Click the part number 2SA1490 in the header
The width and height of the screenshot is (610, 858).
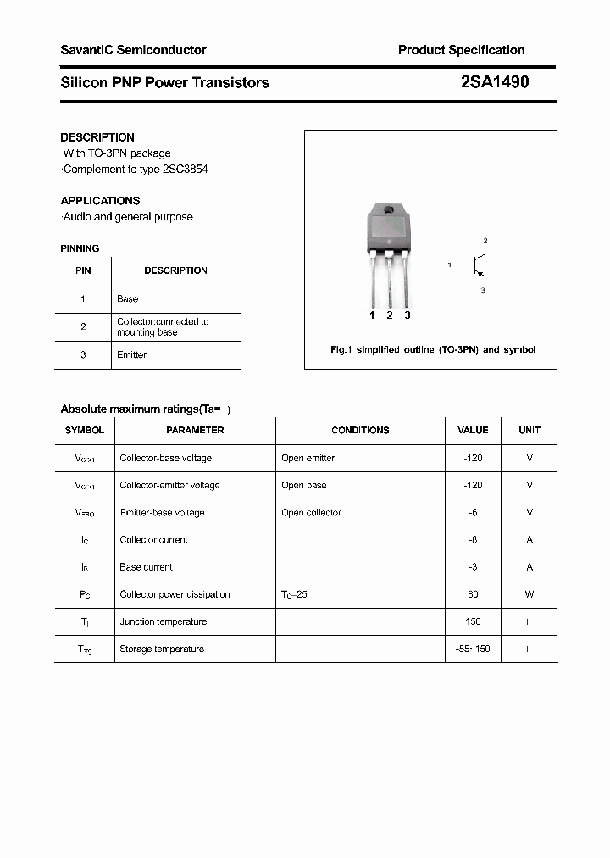495,82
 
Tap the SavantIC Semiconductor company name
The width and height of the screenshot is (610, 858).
133,50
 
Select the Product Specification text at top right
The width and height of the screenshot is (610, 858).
461,50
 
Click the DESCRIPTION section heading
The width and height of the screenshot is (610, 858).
97,137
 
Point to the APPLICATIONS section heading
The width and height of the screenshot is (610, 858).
100,201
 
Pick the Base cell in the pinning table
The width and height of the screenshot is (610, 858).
127,299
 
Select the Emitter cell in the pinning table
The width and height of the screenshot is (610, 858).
131,355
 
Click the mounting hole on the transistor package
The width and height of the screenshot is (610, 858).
389,211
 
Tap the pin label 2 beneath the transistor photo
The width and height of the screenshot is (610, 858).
390,315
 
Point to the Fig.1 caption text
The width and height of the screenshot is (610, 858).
432,349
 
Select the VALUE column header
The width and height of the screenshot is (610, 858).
473,431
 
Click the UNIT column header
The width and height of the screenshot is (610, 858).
530,431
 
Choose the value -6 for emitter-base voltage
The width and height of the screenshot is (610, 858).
473,513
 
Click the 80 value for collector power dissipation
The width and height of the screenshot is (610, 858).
473,594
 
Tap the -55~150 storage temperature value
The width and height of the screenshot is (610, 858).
473,649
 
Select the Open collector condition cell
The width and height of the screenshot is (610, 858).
311,513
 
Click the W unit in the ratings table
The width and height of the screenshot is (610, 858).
530,594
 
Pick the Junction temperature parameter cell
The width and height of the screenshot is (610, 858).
163,622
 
